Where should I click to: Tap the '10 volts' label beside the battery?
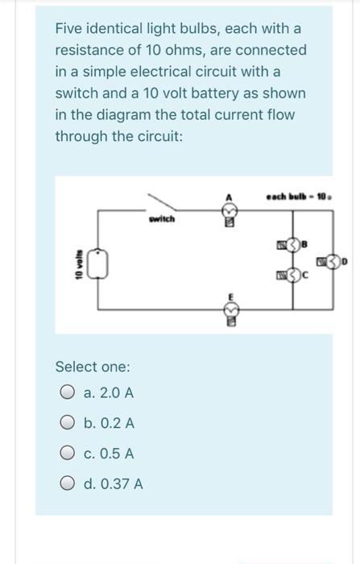tap(78, 261)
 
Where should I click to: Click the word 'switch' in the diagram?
tap(161, 218)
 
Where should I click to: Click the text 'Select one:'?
tap(93, 367)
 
